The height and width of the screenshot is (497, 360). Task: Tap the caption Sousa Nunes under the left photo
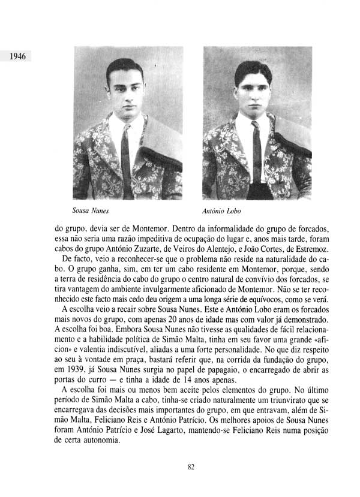pyautogui.click(x=90, y=211)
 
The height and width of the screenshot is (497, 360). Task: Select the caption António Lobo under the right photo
pyautogui.click(x=222, y=211)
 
